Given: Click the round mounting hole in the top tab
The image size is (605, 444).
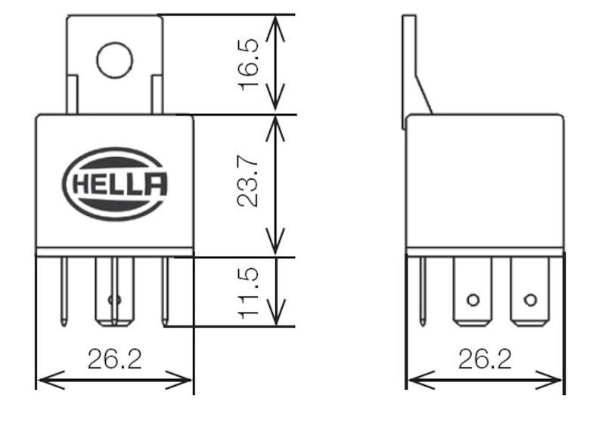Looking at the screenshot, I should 114,60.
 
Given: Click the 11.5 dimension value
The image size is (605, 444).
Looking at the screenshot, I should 249,292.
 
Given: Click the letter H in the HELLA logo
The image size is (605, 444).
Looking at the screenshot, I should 80,184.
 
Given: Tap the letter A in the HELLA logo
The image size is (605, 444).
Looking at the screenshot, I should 156,184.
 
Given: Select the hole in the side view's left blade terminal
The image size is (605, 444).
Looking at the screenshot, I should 473,300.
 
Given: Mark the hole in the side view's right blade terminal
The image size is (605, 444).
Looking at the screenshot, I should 530,300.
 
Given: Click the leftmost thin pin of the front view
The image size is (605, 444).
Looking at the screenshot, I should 65,291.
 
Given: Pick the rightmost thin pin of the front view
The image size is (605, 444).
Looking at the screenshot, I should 164,291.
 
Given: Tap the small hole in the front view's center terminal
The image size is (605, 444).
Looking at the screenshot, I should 114,300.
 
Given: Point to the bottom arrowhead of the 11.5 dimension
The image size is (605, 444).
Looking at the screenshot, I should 276,320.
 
